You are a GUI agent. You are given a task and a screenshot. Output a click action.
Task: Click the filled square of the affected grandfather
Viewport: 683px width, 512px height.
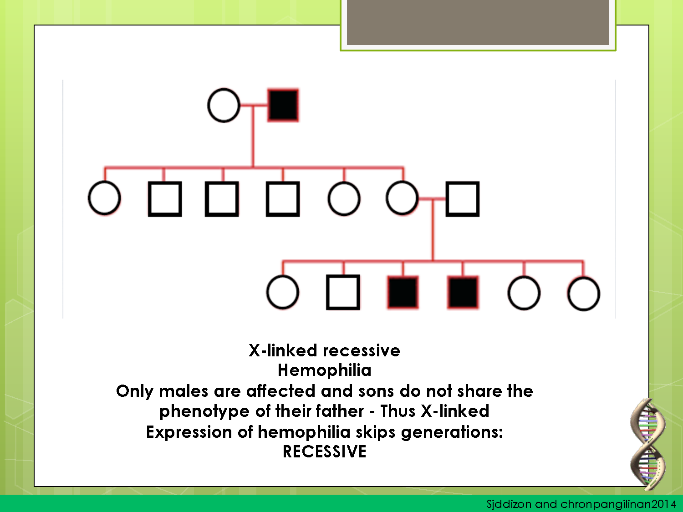tap(283, 106)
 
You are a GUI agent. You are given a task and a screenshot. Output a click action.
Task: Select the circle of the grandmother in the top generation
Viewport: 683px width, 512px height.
tap(224, 106)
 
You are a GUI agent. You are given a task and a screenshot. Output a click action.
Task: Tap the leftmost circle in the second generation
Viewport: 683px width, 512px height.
tap(104, 198)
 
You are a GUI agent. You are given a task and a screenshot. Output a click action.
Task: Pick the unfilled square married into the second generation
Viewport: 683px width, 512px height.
tap(462, 199)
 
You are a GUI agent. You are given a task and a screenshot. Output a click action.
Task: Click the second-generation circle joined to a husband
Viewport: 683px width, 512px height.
tap(402, 198)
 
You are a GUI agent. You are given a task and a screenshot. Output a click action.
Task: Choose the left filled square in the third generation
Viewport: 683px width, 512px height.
tap(403, 293)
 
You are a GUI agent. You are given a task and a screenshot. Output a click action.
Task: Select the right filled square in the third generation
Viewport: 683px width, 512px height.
tap(463, 293)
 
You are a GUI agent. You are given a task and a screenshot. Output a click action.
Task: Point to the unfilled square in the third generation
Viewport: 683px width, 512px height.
tap(343, 293)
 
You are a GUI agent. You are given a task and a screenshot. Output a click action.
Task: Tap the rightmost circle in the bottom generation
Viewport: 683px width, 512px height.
tap(584, 294)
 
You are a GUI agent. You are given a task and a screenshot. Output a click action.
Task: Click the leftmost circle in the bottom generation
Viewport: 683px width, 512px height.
tap(283, 293)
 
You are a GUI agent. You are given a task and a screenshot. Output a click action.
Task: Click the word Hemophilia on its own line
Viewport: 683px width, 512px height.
tap(324, 370)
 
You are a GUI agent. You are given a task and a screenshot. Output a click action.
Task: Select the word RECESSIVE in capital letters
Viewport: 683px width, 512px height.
tap(324, 451)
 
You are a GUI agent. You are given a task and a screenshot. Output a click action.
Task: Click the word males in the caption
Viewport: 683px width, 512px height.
tap(183, 391)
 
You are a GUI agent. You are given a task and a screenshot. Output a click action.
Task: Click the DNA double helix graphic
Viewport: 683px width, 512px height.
tap(647, 444)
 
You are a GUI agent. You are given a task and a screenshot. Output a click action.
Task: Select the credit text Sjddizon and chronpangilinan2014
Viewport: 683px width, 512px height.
tap(581, 504)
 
